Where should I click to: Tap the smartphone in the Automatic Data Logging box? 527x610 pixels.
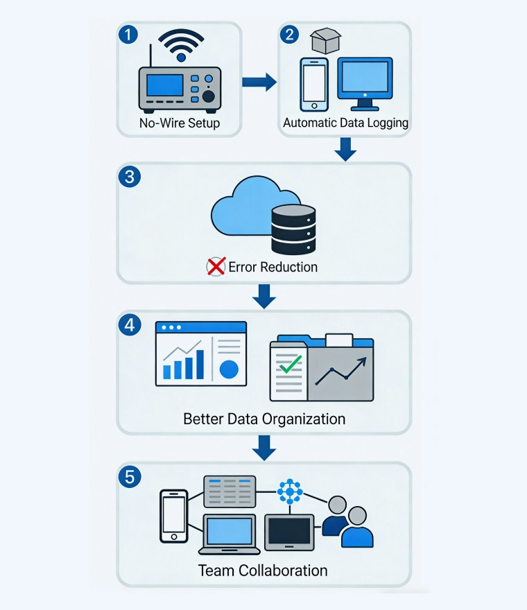pyautogui.click(x=314, y=84)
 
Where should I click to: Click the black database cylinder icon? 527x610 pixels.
pyautogui.click(x=293, y=229)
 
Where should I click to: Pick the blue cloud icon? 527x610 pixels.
pyautogui.click(x=243, y=207)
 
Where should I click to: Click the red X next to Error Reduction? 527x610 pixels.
pyautogui.click(x=216, y=266)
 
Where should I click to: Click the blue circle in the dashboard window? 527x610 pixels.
pyautogui.click(x=229, y=369)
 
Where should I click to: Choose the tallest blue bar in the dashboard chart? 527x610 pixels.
pyautogui.click(x=200, y=365)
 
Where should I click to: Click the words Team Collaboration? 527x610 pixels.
pyautogui.click(x=263, y=571)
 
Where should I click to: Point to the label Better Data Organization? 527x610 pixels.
pyautogui.click(x=263, y=419)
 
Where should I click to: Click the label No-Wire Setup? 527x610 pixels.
pyautogui.click(x=180, y=123)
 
